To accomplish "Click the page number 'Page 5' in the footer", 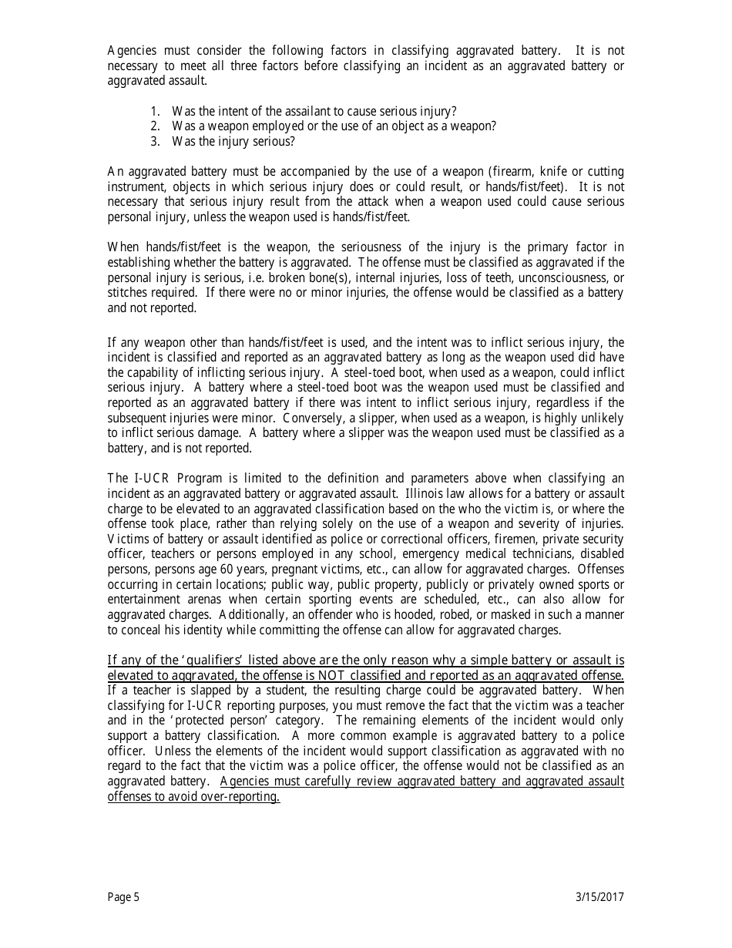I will click(x=123, y=896).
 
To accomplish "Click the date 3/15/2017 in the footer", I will click(x=599, y=896).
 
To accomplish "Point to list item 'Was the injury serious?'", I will click(x=233, y=142).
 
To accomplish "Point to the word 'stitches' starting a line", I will click(x=126, y=293).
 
